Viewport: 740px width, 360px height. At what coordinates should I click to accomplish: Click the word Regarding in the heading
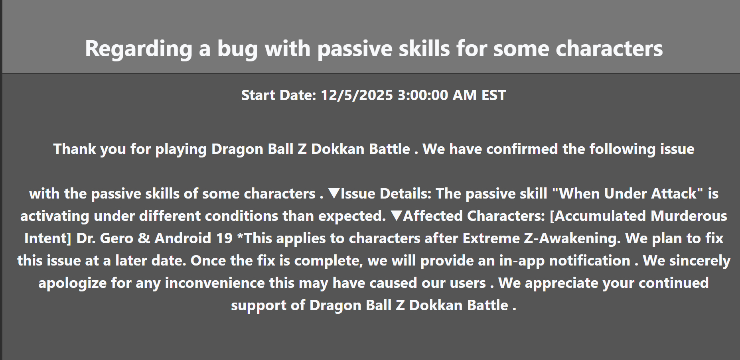138,49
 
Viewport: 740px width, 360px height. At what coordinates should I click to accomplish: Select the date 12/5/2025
357,95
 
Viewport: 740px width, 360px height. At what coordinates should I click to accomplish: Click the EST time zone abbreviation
493,95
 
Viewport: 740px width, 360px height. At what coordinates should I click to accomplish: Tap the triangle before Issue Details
334,194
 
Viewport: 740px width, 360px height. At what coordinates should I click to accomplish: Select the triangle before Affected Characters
397,216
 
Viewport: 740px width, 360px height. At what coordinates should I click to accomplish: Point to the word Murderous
689,216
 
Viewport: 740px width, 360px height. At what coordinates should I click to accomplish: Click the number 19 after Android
224,238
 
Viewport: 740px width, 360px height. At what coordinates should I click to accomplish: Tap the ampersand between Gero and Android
144,238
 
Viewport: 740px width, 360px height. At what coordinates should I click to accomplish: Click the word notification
590,261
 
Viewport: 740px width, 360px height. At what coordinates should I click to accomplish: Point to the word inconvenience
215,283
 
